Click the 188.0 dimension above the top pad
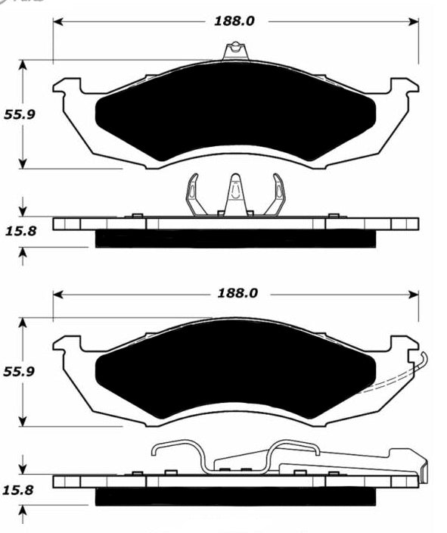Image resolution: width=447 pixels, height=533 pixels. pyautogui.click(x=234, y=21)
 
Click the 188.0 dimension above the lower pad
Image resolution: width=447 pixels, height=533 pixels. pyautogui.click(x=237, y=293)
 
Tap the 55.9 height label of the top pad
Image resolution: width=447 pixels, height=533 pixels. pyautogui.click(x=20, y=114)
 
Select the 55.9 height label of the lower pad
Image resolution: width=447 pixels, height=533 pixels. pyautogui.click(x=19, y=372)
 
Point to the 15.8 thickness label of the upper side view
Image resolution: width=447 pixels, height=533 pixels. pyautogui.click(x=20, y=231)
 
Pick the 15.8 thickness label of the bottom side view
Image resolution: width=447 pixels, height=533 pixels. pyautogui.click(x=18, y=490)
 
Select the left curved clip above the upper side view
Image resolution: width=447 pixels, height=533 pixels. pyautogui.click(x=195, y=195)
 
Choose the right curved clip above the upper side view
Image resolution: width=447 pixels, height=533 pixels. pyautogui.click(x=276, y=195)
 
